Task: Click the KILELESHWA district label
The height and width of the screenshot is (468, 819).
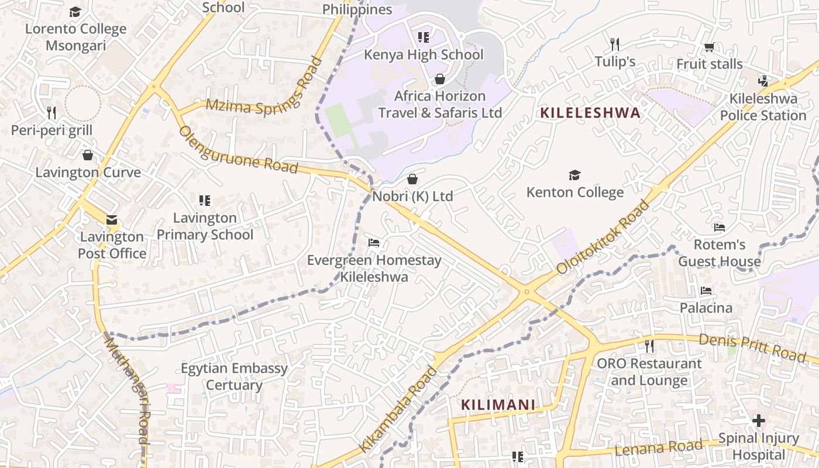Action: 590,113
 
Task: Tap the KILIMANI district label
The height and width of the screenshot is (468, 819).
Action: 498,404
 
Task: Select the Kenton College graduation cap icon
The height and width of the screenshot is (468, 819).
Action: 574,175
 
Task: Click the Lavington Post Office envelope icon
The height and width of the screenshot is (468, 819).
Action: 111,220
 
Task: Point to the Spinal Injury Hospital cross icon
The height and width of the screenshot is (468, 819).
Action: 758,421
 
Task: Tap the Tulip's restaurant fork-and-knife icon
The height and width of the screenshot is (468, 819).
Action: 614,44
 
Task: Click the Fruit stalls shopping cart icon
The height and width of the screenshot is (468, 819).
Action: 709,47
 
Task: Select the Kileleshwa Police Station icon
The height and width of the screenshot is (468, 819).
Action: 763,81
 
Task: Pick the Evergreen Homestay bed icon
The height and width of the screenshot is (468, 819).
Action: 374,242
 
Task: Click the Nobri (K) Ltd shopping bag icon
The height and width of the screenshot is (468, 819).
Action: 412,178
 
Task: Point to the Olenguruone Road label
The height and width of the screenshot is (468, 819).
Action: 239,150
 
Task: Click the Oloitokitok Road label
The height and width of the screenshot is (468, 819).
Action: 604,237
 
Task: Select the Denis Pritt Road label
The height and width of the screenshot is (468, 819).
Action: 752,347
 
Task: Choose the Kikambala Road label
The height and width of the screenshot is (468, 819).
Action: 398,409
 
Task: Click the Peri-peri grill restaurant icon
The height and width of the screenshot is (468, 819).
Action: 51,112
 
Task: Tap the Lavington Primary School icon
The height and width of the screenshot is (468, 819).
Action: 204,201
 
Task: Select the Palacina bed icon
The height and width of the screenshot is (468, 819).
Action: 706,291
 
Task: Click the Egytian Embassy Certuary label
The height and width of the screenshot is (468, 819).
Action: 234,377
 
